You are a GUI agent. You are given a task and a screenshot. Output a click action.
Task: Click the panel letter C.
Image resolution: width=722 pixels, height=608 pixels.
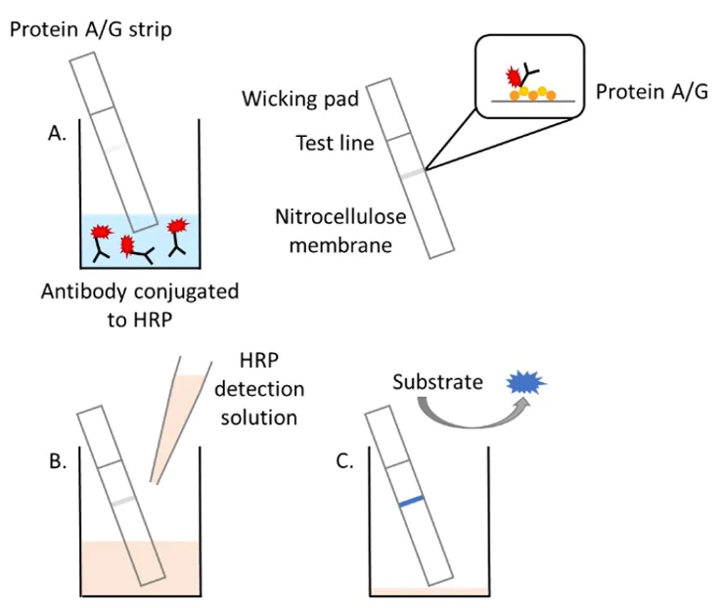(344, 461)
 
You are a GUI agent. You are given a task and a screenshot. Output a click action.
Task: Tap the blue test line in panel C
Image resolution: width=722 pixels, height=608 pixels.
(411, 500)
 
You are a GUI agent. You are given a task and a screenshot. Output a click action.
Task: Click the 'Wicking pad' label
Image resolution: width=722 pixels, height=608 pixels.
(300, 99)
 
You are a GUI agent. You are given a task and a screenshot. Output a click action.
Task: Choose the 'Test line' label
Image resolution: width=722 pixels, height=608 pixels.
(335, 144)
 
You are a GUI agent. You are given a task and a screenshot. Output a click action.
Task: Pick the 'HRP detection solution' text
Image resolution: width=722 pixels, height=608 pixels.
(259, 390)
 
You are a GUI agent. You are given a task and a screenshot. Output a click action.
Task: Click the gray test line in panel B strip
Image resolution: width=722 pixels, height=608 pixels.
(122, 500)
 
